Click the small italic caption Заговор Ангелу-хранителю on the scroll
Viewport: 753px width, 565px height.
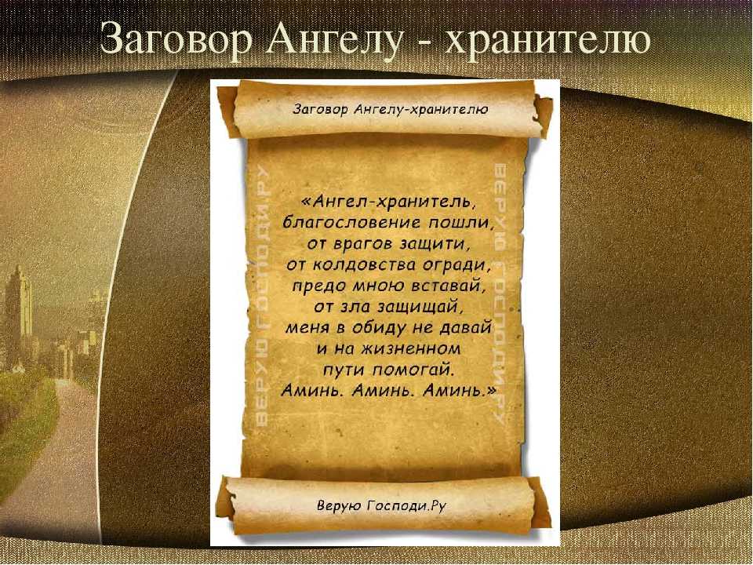click(x=390, y=110)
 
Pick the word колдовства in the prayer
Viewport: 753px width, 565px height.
click(x=364, y=264)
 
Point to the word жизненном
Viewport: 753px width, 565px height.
click(x=407, y=348)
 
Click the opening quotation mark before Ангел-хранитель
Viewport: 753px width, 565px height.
click(x=307, y=202)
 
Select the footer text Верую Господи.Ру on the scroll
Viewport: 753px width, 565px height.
click(x=382, y=506)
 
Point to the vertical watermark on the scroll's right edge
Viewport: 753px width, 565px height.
click(x=500, y=293)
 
